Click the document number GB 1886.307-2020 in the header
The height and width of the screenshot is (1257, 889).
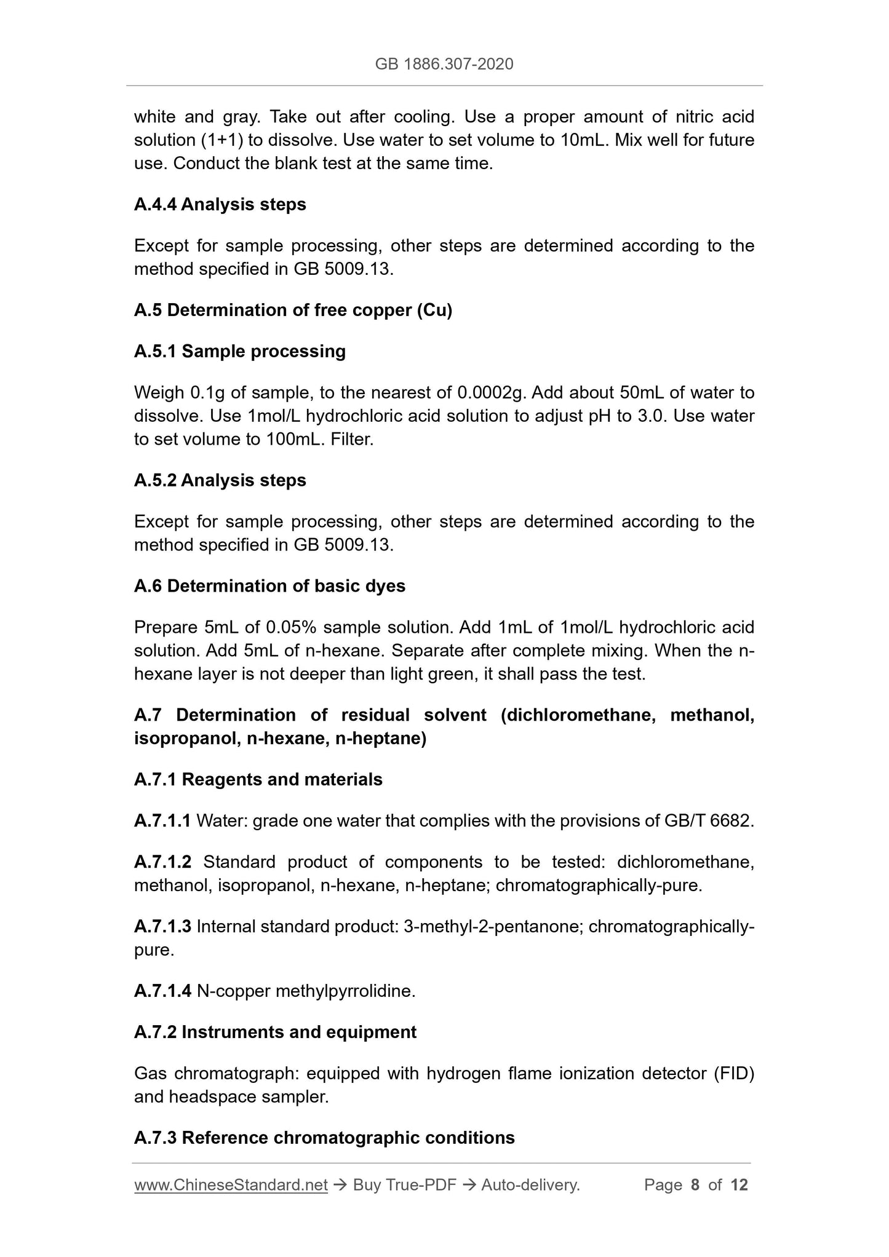coord(444,64)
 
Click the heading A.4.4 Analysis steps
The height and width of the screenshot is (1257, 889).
coord(220,204)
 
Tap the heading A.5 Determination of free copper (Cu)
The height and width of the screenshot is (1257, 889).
coord(293,310)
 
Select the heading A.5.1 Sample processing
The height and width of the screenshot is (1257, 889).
coord(239,351)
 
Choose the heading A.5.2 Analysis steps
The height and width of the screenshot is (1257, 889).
coord(220,480)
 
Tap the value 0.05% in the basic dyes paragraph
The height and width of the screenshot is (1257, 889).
coord(291,627)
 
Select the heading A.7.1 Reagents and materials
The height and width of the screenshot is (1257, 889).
coord(258,779)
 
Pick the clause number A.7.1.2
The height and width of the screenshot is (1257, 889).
coord(162,862)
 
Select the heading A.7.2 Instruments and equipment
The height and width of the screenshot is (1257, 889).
coord(275,1032)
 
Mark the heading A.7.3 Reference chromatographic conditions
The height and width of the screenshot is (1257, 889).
coord(324,1138)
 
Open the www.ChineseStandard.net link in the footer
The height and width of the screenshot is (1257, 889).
coord(231,1185)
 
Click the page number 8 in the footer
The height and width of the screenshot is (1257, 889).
coord(695,1185)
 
